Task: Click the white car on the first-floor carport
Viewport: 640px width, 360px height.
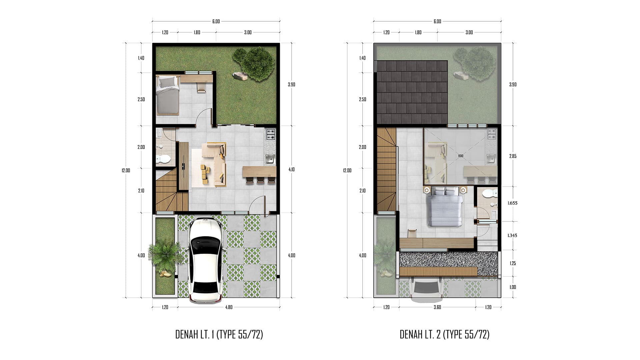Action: coord(205,260)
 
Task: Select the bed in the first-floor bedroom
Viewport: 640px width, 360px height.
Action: coord(168,95)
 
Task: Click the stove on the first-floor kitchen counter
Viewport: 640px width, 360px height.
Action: coord(270,134)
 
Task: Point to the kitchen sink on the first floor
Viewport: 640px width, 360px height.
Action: coord(270,159)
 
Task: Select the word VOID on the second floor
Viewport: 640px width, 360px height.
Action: coord(461,156)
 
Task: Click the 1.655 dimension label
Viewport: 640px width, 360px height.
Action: coord(512,203)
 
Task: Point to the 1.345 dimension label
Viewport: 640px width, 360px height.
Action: coord(512,235)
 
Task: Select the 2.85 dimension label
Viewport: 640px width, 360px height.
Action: coord(513,156)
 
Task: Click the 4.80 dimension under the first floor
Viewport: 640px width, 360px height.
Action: coord(229,307)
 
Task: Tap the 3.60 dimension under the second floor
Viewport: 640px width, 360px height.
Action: coord(437,307)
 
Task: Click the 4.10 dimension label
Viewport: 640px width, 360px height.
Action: coord(291,169)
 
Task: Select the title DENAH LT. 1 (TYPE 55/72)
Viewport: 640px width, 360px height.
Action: coord(219,334)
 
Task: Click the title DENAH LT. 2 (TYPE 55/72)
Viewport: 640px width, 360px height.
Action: coord(444,334)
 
